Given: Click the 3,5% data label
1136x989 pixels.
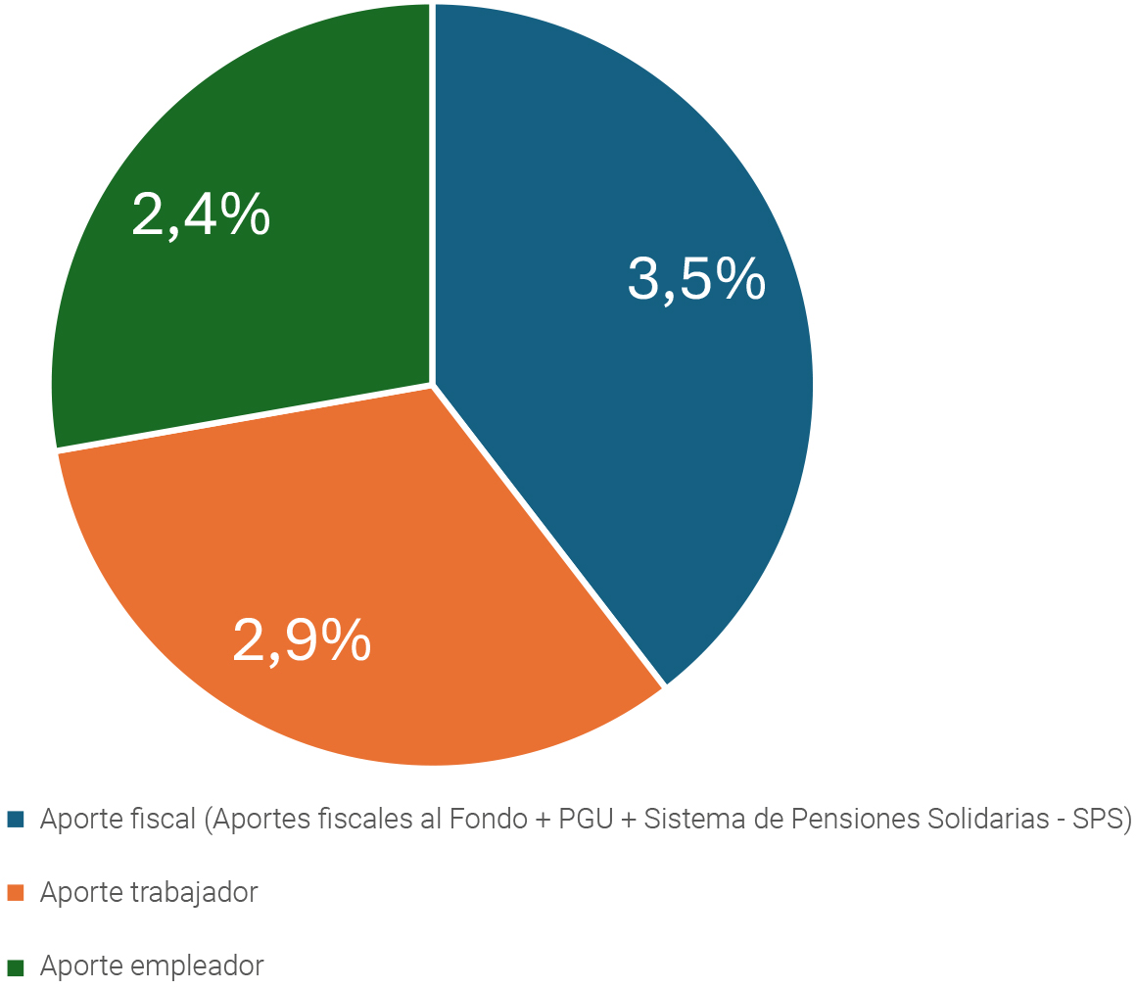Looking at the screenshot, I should (696, 280).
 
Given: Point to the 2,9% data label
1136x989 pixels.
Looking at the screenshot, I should (302, 640).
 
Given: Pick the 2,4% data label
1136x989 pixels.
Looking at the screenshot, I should (201, 214).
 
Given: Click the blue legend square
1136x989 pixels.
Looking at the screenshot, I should (15, 819).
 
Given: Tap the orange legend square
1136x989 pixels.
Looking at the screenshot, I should (15, 892).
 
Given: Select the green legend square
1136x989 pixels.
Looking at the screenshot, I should (15, 967).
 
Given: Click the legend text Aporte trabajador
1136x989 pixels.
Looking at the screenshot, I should (149, 892).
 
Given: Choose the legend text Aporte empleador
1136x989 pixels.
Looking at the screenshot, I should (152, 966).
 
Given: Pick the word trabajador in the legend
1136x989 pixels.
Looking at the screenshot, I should (194, 892).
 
